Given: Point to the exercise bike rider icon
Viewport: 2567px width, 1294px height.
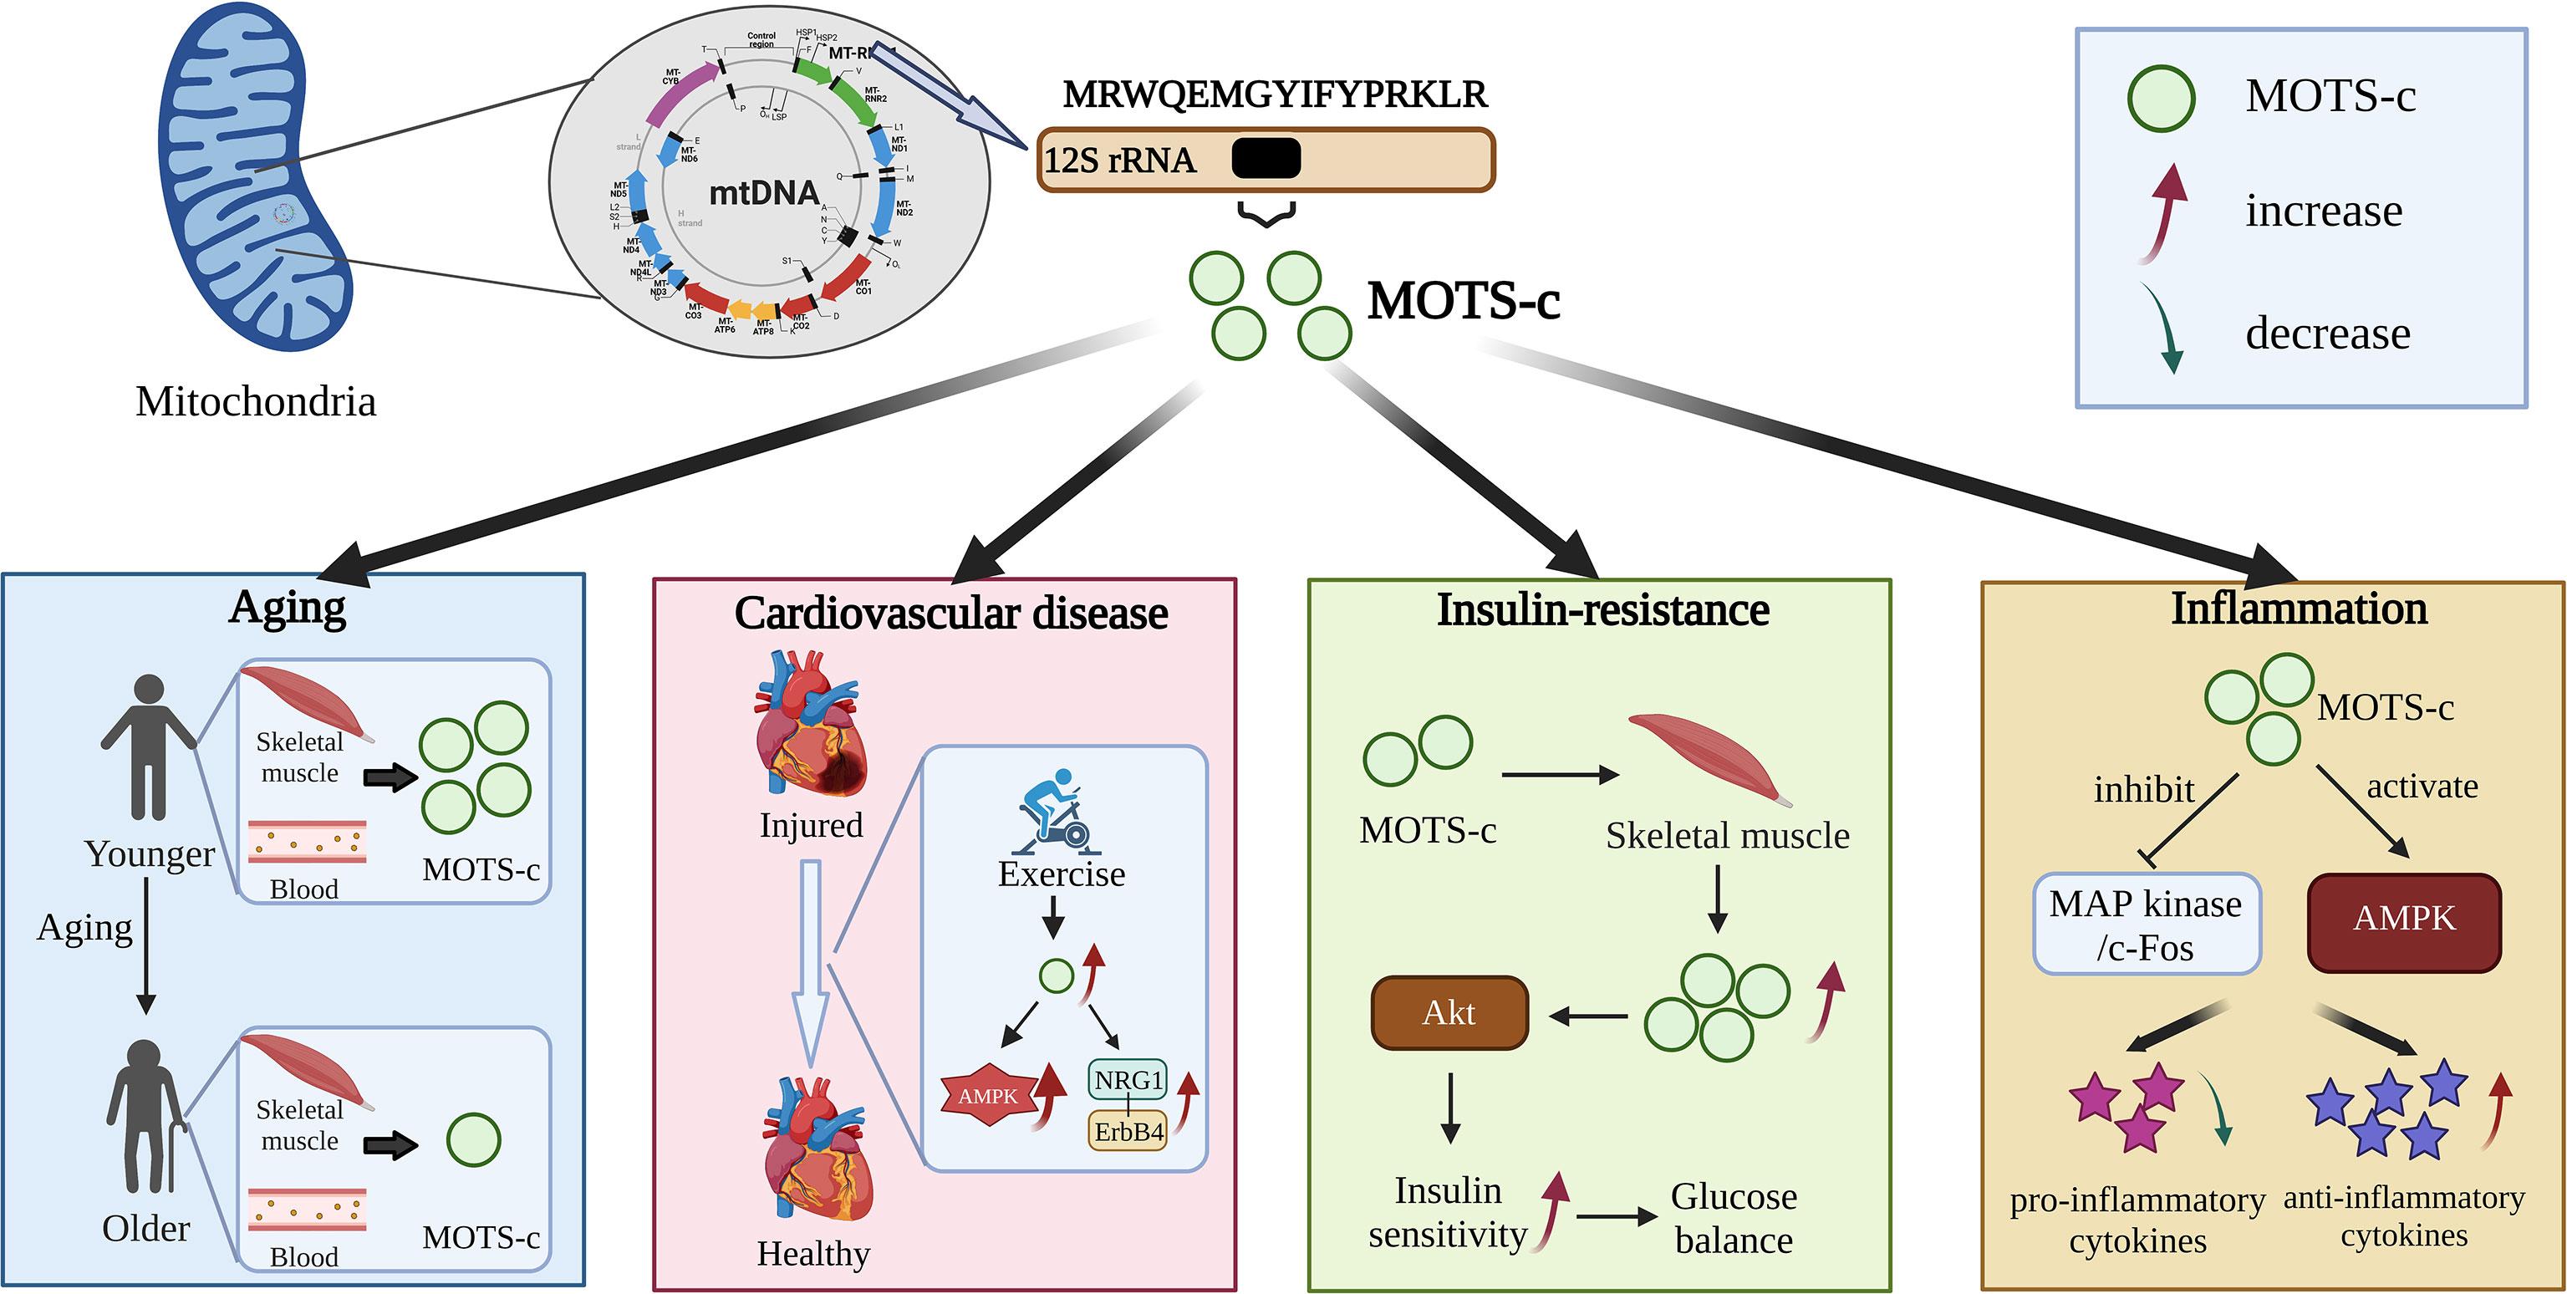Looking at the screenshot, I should (1058, 812).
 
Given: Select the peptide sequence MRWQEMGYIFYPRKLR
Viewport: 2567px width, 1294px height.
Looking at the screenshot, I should (1275, 94).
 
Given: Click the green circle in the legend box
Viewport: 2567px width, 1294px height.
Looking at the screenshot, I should (2161, 99).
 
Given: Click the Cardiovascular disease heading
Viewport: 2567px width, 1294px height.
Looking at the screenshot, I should (950, 613).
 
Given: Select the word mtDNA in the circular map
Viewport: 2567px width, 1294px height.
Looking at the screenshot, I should (763, 192).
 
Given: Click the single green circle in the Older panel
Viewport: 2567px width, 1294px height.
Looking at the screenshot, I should (473, 1140).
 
